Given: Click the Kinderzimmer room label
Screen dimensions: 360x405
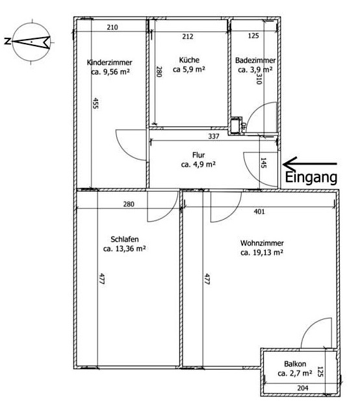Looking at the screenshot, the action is [110, 62].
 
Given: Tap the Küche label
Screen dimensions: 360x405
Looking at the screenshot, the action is [189, 60].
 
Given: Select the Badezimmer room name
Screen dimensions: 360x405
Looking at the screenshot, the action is [255, 60].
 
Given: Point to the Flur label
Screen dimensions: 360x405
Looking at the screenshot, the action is [199, 155].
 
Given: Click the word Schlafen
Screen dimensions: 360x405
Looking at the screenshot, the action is [125, 239].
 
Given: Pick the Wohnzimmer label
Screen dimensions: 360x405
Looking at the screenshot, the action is [262, 243].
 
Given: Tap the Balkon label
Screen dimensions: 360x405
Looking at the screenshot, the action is [295, 364].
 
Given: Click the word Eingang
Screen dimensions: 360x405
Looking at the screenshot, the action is [311, 177].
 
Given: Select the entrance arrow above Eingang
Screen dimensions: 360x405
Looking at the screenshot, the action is [310, 164].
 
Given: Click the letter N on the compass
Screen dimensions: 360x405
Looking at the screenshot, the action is [8, 41].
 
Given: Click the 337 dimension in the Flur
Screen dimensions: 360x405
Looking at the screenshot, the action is [214, 136].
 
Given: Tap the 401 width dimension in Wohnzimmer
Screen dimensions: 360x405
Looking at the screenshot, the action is [259, 211].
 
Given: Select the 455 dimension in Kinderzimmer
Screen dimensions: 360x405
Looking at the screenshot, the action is [96, 103].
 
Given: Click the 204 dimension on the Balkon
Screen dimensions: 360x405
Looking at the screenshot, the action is [303, 388].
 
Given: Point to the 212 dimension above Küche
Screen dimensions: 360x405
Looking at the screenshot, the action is [188, 36].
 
